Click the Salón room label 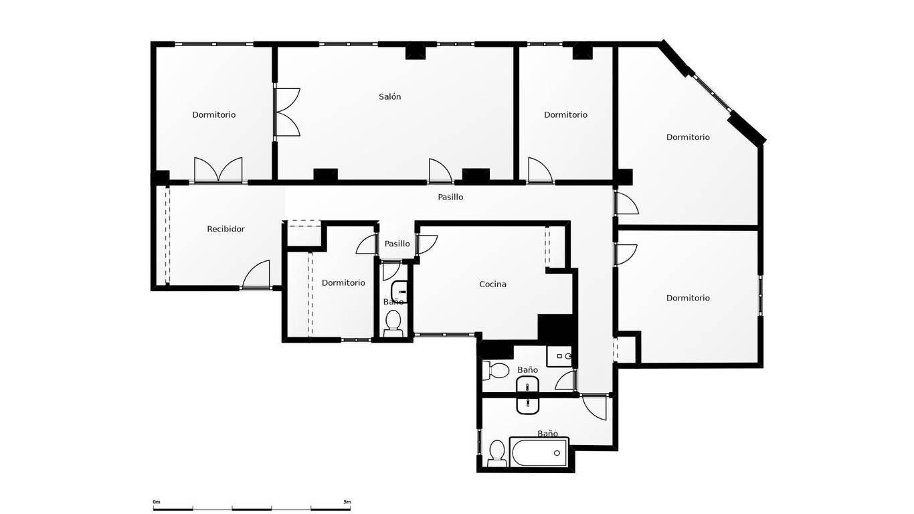(x=389, y=97)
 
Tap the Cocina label (x=492, y=284)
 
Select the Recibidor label (x=225, y=229)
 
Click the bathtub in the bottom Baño (x=539, y=452)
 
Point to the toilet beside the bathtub (x=497, y=454)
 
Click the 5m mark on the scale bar (x=347, y=502)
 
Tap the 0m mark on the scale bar (x=157, y=502)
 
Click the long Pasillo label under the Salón (x=450, y=197)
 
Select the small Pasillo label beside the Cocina (x=397, y=244)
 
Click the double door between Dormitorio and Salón (x=287, y=112)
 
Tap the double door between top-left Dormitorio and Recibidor (x=218, y=169)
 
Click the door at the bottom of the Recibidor (x=256, y=274)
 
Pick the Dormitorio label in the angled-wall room (x=688, y=137)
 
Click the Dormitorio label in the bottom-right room (x=688, y=298)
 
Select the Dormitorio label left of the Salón (x=214, y=114)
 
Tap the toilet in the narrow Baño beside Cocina (x=393, y=323)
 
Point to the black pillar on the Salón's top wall (x=416, y=52)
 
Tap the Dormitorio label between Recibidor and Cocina (x=343, y=283)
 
